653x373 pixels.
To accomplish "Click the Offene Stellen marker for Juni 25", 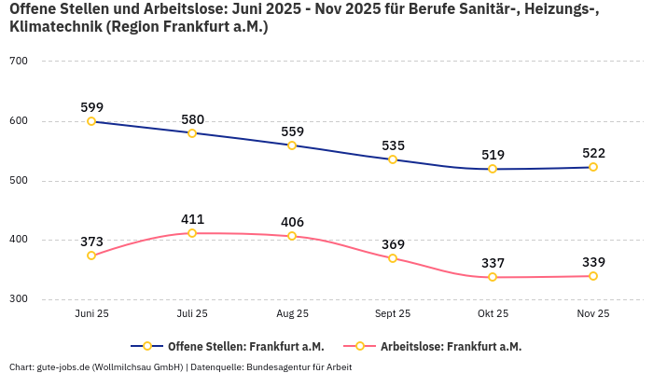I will (x=91, y=121).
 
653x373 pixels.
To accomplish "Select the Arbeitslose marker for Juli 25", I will (x=192, y=233).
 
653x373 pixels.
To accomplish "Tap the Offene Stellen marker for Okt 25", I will (x=493, y=169).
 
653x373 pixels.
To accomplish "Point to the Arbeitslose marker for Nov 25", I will (x=593, y=276).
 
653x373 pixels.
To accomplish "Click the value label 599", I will (x=91, y=107).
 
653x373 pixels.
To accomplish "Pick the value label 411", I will (x=192, y=219).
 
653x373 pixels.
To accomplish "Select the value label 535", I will (x=393, y=145).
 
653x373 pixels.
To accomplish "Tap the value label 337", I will (x=493, y=263).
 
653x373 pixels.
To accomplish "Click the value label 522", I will (x=593, y=153).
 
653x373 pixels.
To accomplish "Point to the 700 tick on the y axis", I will (x=19, y=62).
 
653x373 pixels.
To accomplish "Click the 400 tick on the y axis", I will (x=19, y=240).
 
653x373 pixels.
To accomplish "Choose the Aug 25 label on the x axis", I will (x=292, y=314).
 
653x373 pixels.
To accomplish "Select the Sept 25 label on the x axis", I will (x=393, y=314).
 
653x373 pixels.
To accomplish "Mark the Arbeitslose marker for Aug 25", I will (x=292, y=236).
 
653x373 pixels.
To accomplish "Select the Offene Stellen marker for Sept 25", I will (x=393, y=159).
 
